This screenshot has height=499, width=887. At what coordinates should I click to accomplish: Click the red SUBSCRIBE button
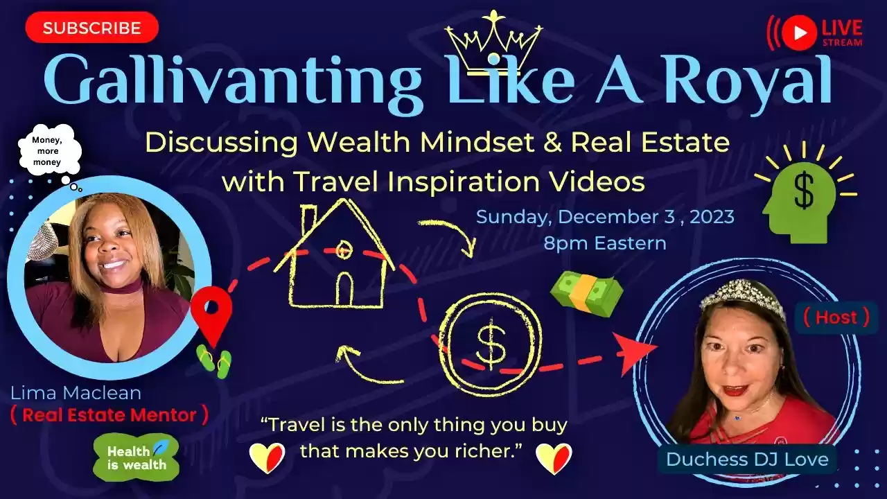click(92, 27)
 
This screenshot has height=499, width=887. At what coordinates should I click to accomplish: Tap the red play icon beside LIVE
click(800, 33)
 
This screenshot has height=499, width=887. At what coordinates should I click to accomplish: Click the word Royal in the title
click(748, 81)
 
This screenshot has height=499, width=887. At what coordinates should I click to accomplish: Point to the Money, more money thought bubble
click(50, 151)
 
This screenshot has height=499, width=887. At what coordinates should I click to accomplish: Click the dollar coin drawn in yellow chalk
click(491, 344)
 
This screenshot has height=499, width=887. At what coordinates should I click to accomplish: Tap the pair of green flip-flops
click(215, 361)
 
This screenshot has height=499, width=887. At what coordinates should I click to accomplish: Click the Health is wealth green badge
click(137, 457)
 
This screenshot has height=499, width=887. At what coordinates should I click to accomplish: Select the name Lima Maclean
click(76, 393)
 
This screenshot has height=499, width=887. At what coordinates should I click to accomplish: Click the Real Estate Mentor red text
click(109, 415)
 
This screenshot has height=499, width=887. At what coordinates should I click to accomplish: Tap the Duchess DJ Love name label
click(747, 459)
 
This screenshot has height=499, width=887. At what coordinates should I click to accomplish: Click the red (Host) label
click(836, 317)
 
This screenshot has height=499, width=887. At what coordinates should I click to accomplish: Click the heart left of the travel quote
click(267, 458)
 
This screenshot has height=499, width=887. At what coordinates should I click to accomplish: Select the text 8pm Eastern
click(605, 243)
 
